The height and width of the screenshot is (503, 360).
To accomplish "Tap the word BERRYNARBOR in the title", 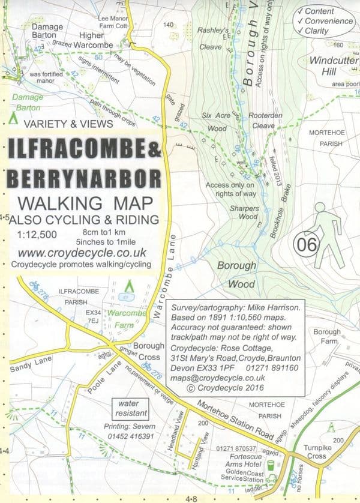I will [x=83, y=178].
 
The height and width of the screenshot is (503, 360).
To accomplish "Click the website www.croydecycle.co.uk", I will [x=74, y=253].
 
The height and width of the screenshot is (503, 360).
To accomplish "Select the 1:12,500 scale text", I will [x=37, y=233].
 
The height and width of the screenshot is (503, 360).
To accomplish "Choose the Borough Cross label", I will [x=148, y=351].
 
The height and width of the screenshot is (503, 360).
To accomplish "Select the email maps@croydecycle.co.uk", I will [x=217, y=378].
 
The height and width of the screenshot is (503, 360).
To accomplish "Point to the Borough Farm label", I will [x=327, y=336].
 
